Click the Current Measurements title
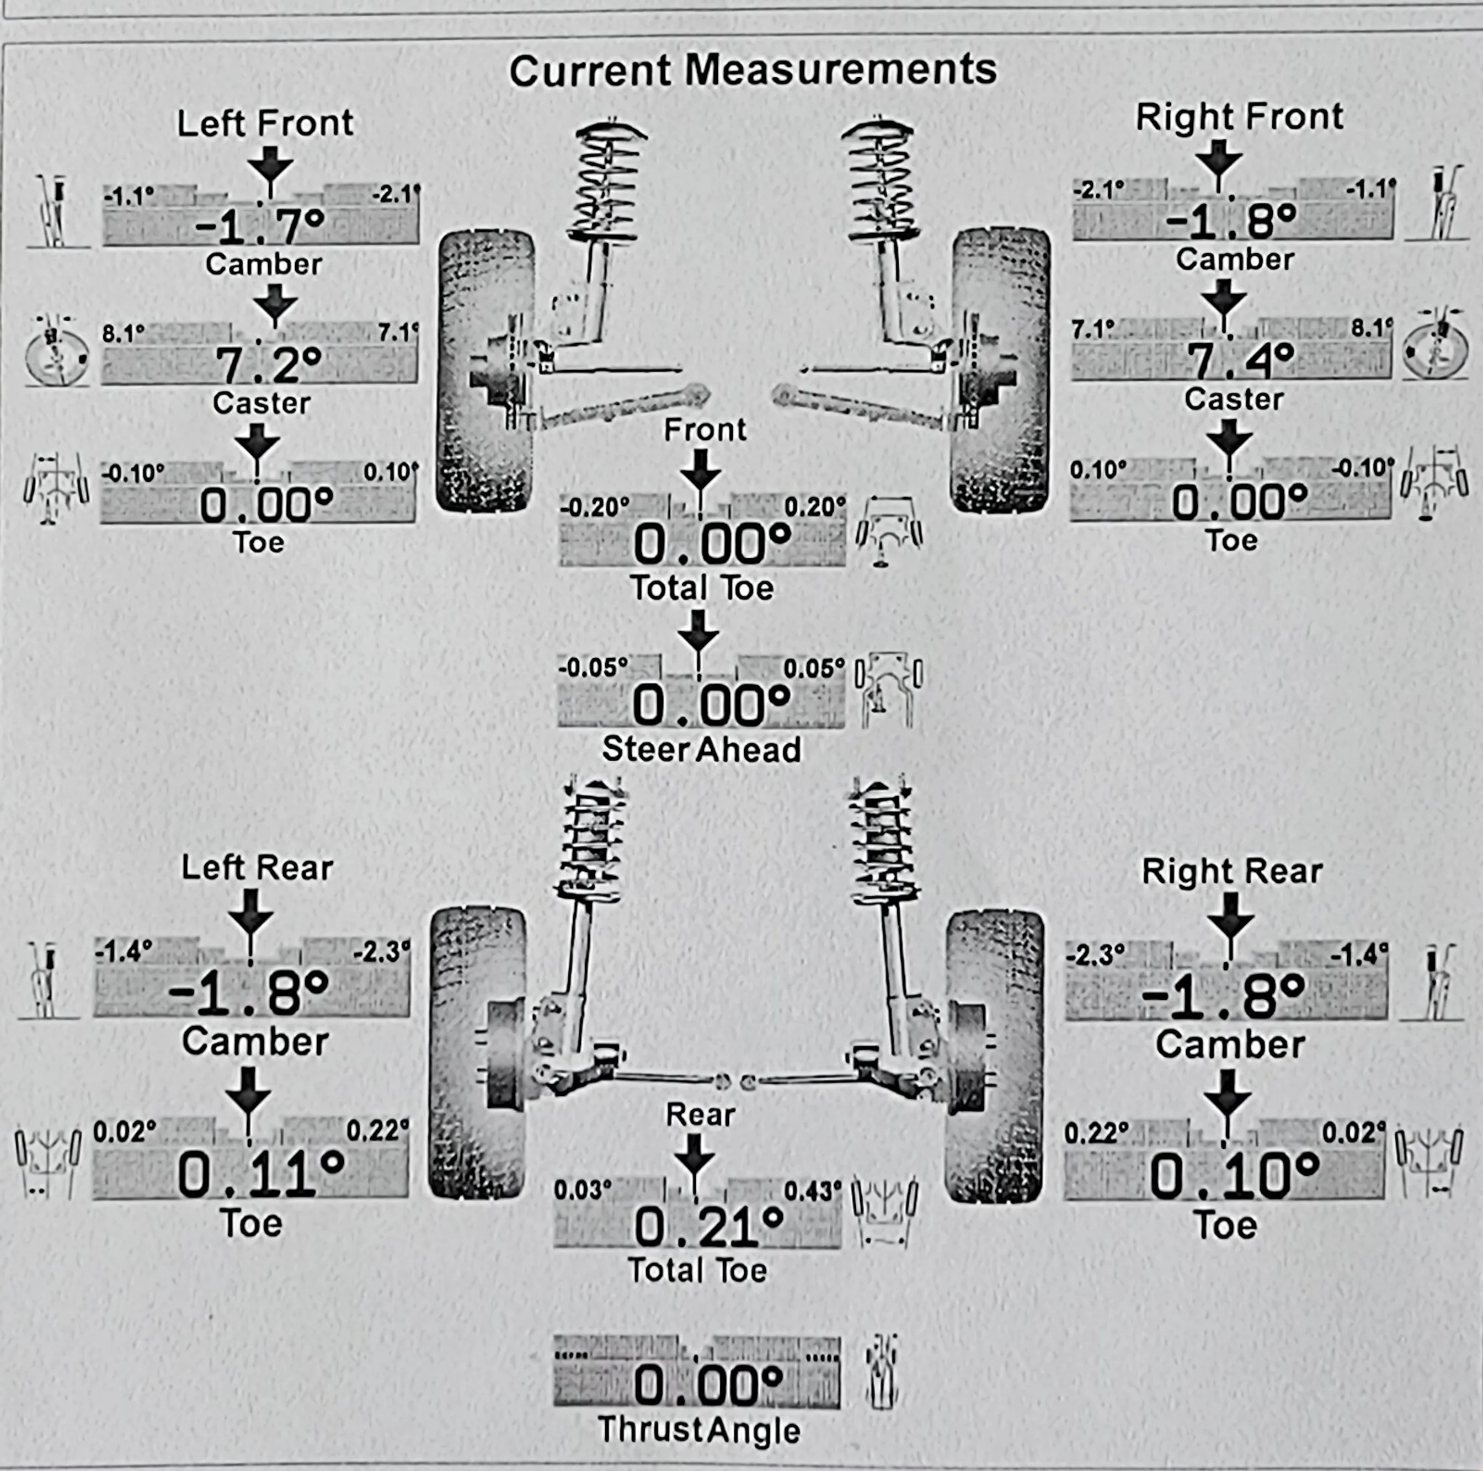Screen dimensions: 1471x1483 tap(752, 71)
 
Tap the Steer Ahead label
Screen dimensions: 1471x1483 tap(701, 749)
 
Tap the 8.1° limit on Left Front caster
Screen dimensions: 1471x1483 tap(124, 334)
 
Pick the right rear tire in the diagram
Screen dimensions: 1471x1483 tap(994, 1056)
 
